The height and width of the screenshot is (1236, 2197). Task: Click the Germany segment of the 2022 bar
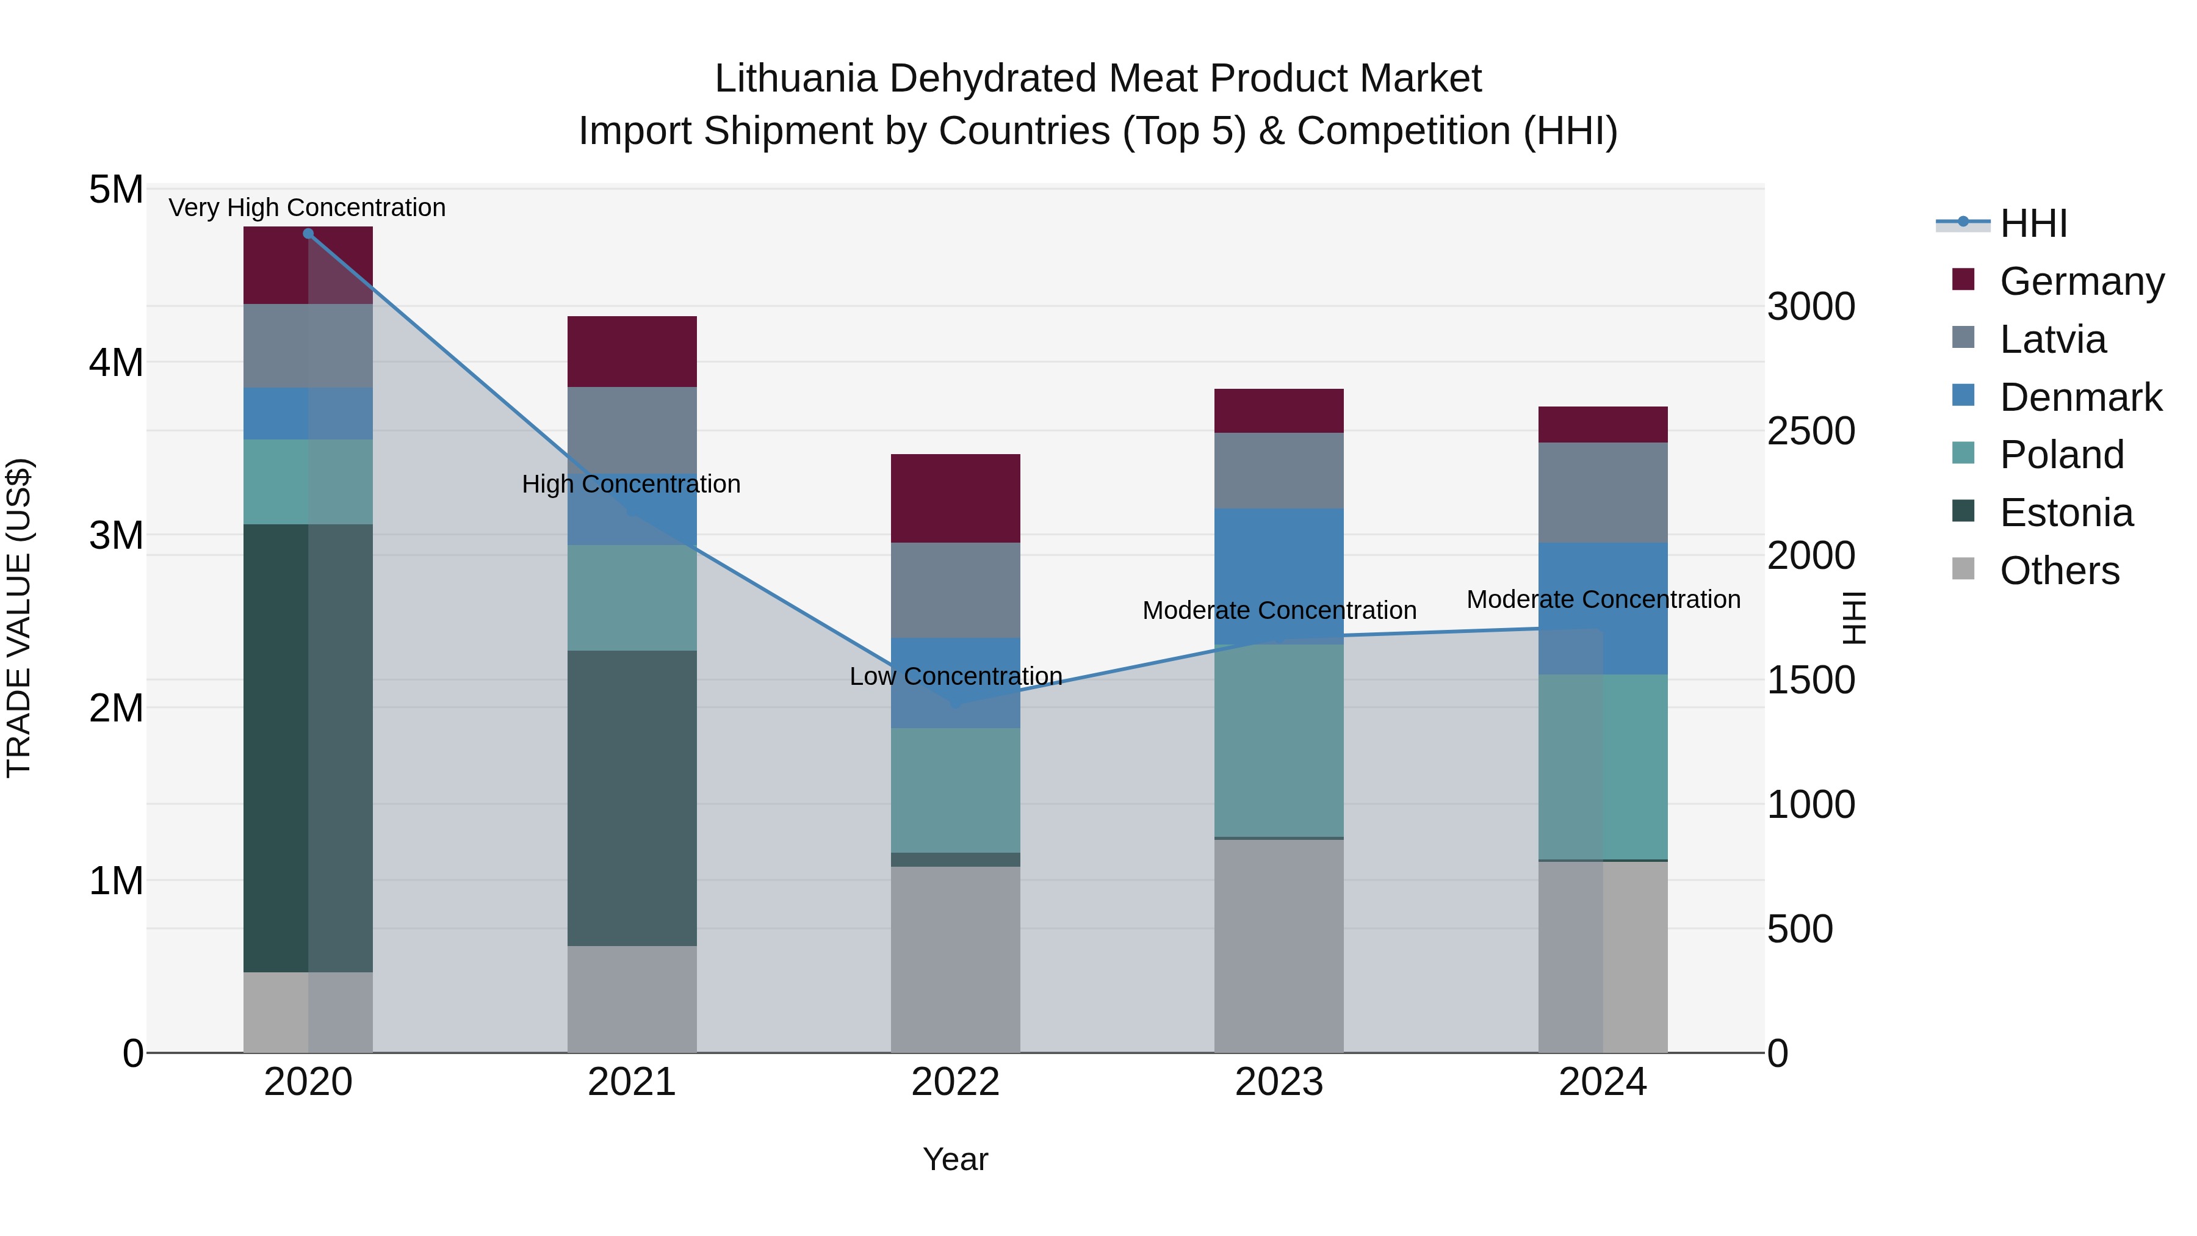[x=955, y=498]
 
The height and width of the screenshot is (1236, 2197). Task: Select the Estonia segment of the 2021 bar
[x=632, y=798]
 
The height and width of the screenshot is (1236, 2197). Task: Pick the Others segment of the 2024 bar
[x=1603, y=956]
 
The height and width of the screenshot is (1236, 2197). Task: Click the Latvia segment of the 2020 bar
[x=308, y=345]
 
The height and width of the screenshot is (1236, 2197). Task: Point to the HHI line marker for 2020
[x=308, y=234]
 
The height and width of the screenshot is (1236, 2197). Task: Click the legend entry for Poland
[x=2060, y=455]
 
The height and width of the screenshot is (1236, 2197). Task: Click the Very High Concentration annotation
[x=307, y=208]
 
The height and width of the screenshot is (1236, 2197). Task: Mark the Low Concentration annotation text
[x=955, y=676]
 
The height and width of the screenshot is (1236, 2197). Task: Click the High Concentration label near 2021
[x=631, y=483]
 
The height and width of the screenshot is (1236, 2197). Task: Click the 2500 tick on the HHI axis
[x=1810, y=431]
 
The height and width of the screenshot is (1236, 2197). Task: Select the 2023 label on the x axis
[x=1279, y=1082]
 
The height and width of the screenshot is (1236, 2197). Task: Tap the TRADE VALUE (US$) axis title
[x=19, y=618]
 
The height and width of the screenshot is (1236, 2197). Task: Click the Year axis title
[x=955, y=1159]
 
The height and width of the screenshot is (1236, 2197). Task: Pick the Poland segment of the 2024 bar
[x=1603, y=766]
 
